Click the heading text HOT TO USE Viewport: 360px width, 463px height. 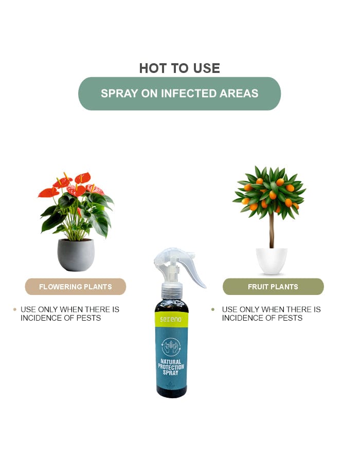[179, 68]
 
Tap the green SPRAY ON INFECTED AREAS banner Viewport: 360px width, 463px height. [179, 94]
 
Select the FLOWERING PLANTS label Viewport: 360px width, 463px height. [76, 287]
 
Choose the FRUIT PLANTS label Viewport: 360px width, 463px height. [273, 287]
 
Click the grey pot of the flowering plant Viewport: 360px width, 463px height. [76, 255]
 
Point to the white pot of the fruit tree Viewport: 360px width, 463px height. [272, 261]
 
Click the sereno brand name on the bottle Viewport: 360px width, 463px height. [171, 319]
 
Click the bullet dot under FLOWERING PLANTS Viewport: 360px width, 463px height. [14, 309]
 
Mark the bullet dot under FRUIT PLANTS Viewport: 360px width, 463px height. [213, 309]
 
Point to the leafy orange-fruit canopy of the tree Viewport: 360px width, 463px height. [270, 190]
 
